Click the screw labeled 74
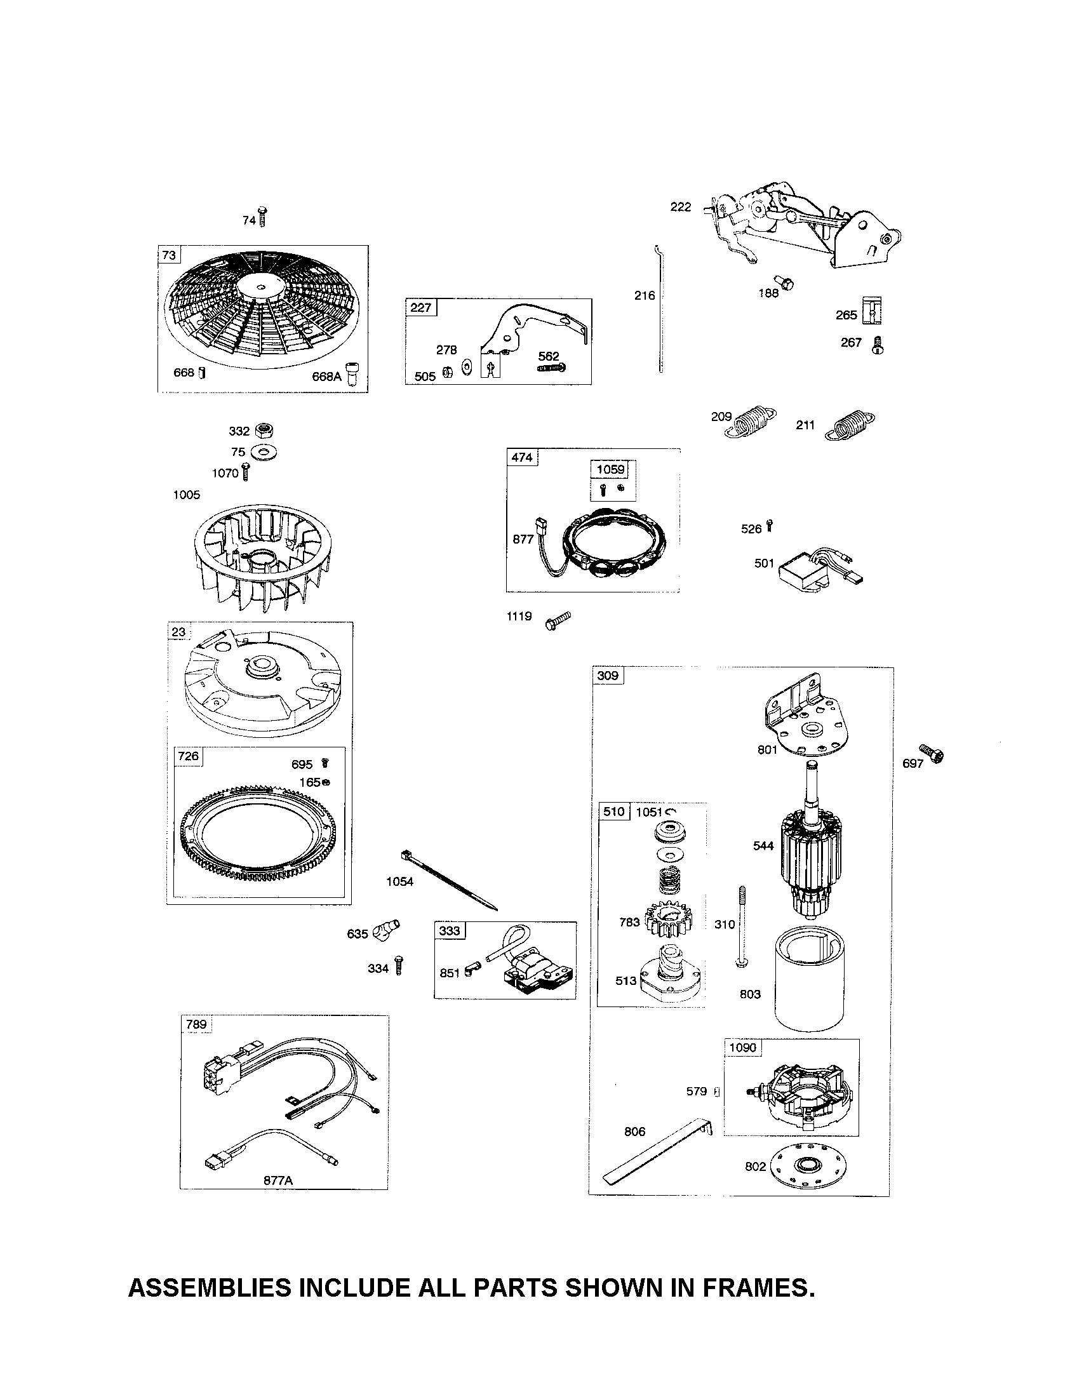point(262,217)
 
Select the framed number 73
point(168,255)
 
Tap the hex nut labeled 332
point(261,431)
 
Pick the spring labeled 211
point(851,425)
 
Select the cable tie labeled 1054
point(448,879)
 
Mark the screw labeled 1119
point(558,620)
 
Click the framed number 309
point(607,676)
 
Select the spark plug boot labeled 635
point(387,928)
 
